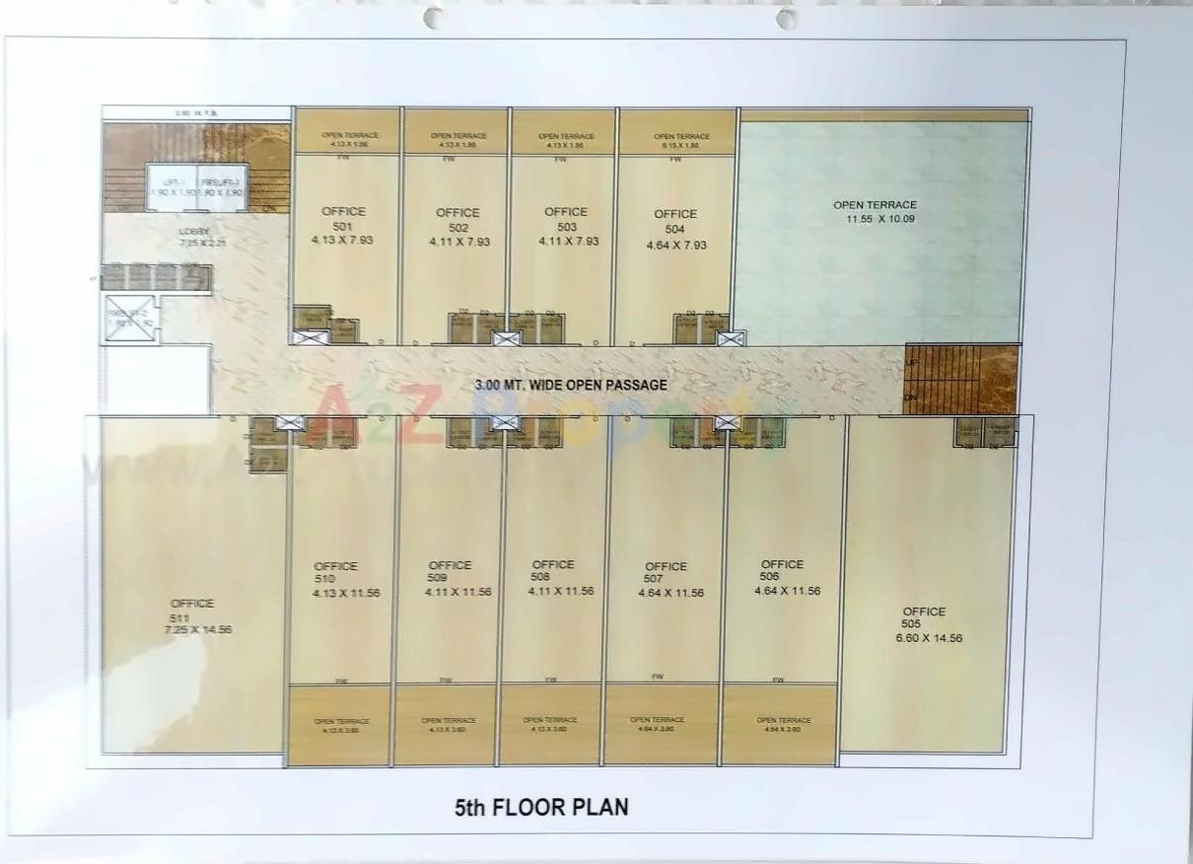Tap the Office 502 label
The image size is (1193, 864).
pyautogui.click(x=457, y=219)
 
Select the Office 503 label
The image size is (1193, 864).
pyautogui.click(x=566, y=218)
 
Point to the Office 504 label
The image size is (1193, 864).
pyautogui.click(x=675, y=221)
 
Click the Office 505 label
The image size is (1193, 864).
pyautogui.click(x=924, y=617)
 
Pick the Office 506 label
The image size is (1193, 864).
pyautogui.click(x=782, y=570)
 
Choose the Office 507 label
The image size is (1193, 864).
pyautogui.click(x=666, y=572)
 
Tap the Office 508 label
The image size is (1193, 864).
pyautogui.click(x=552, y=570)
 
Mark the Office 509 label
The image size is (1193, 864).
pyautogui.click(x=450, y=571)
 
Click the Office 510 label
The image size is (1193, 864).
pyautogui.click(x=336, y=572)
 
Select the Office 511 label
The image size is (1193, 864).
pyautogui.click(x=192, y=610)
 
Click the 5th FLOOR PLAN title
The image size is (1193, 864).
pyautogui.click(x=541, y=808)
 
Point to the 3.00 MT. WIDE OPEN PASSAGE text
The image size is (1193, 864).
pyautogui.click(x=571, y=386)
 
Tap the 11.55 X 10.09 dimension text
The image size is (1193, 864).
pyautogui.click(x=875, y=219)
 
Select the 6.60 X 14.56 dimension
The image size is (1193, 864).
pyautogui.click(x=929, y=638)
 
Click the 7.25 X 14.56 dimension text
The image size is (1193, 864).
pyautogui.click(x=198, y=629)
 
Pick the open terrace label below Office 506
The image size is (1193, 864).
pyautogui.click(x=783, y=720)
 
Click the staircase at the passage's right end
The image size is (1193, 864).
pyautogui.click(x=960, y=380)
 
